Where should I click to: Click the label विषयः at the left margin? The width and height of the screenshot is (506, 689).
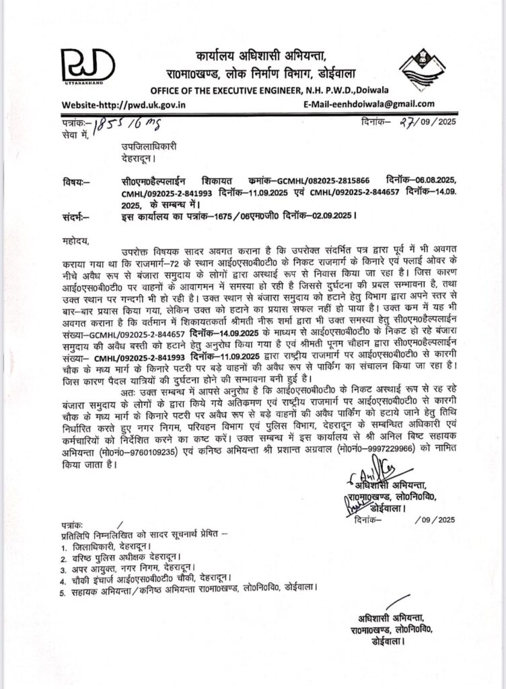(72, 182)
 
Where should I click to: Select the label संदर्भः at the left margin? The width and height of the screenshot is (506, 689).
(73, 216)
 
